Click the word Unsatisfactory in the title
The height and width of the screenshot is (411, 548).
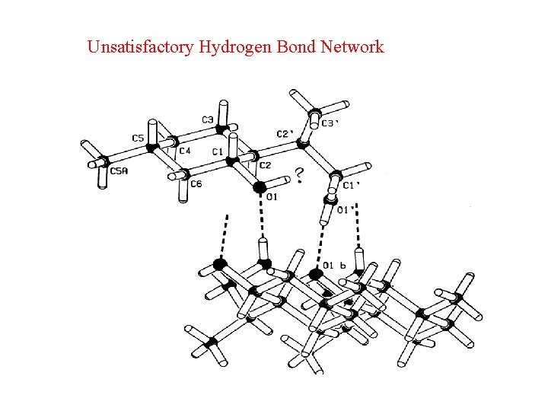tap(141, 47)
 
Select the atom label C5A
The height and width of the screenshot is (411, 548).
tap(119, 171)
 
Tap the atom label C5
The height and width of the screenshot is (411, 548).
tap(138, 138)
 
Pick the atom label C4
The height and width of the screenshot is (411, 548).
tap(185, 151)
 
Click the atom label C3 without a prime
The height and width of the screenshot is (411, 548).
tap(207, 119)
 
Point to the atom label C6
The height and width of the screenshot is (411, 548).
tap(196, 184)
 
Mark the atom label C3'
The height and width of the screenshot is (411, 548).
tap(330, 123)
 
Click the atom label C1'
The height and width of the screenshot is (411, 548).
tap(352, 185)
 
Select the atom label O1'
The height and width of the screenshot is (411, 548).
tap(346, 210)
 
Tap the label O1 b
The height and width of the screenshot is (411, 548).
tap(335, 265)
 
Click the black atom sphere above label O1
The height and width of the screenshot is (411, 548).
tap(260, 186)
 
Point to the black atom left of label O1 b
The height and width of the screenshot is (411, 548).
tap(316, 274)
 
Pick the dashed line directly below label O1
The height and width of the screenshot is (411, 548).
tap(263, 221)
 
